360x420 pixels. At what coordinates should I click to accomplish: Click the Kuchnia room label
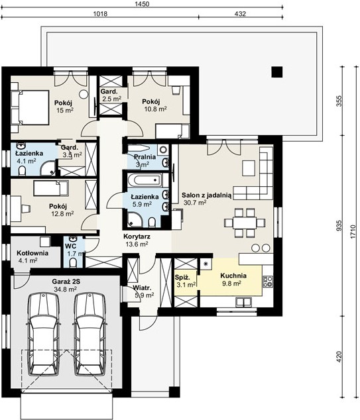coord(233,276)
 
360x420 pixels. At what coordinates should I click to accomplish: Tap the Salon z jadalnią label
coord(206,195)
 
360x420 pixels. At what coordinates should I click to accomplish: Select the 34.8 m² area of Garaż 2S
coord(66,289)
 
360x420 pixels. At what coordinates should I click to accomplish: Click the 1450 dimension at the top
coord(143,4)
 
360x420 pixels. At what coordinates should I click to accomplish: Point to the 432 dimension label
coord(240,13)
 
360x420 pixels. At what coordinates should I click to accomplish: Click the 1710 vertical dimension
coord(353,232)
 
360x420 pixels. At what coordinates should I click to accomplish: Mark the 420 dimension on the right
coord(339,357)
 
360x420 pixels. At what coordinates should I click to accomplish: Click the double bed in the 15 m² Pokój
coord(29,107)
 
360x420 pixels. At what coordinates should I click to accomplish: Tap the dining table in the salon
coord(245,223)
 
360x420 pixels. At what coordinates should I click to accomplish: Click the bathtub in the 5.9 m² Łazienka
coord(145,180)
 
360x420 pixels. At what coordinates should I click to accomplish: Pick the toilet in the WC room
coord(73,262)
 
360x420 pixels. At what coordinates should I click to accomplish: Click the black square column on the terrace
coord(277,72)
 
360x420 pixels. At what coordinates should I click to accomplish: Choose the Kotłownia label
coord(32,253)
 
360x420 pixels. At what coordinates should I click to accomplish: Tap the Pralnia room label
coord(145,157)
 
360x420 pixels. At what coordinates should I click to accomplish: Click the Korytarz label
coord(137,236)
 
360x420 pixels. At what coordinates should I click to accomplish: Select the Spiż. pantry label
coord(182,278)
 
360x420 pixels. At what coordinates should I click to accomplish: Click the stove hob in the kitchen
coord(268,282)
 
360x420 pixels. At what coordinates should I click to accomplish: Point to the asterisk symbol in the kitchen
coord(206,264)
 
